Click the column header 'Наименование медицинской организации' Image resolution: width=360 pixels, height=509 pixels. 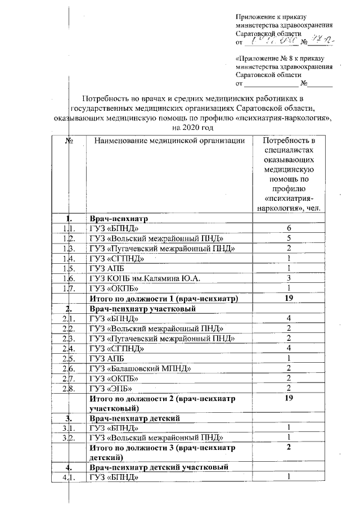click(x=169, y=141)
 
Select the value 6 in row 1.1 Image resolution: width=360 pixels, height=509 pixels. click(x=288, y=228)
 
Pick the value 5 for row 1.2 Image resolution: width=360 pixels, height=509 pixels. click(x=288, y=238)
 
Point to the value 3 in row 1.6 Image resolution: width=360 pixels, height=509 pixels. click(x=288, y=278)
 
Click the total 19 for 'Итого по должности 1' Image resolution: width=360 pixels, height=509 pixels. click(x=288, y=298)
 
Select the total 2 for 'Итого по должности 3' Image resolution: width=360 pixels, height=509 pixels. click(x=288, y=448)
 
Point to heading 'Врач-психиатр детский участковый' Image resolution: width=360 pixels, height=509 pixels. click(x=157, y=467)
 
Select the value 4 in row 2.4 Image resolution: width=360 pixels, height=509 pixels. click(x=288, y=348)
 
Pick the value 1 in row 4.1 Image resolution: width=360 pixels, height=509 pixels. click(x=288, y=478)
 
